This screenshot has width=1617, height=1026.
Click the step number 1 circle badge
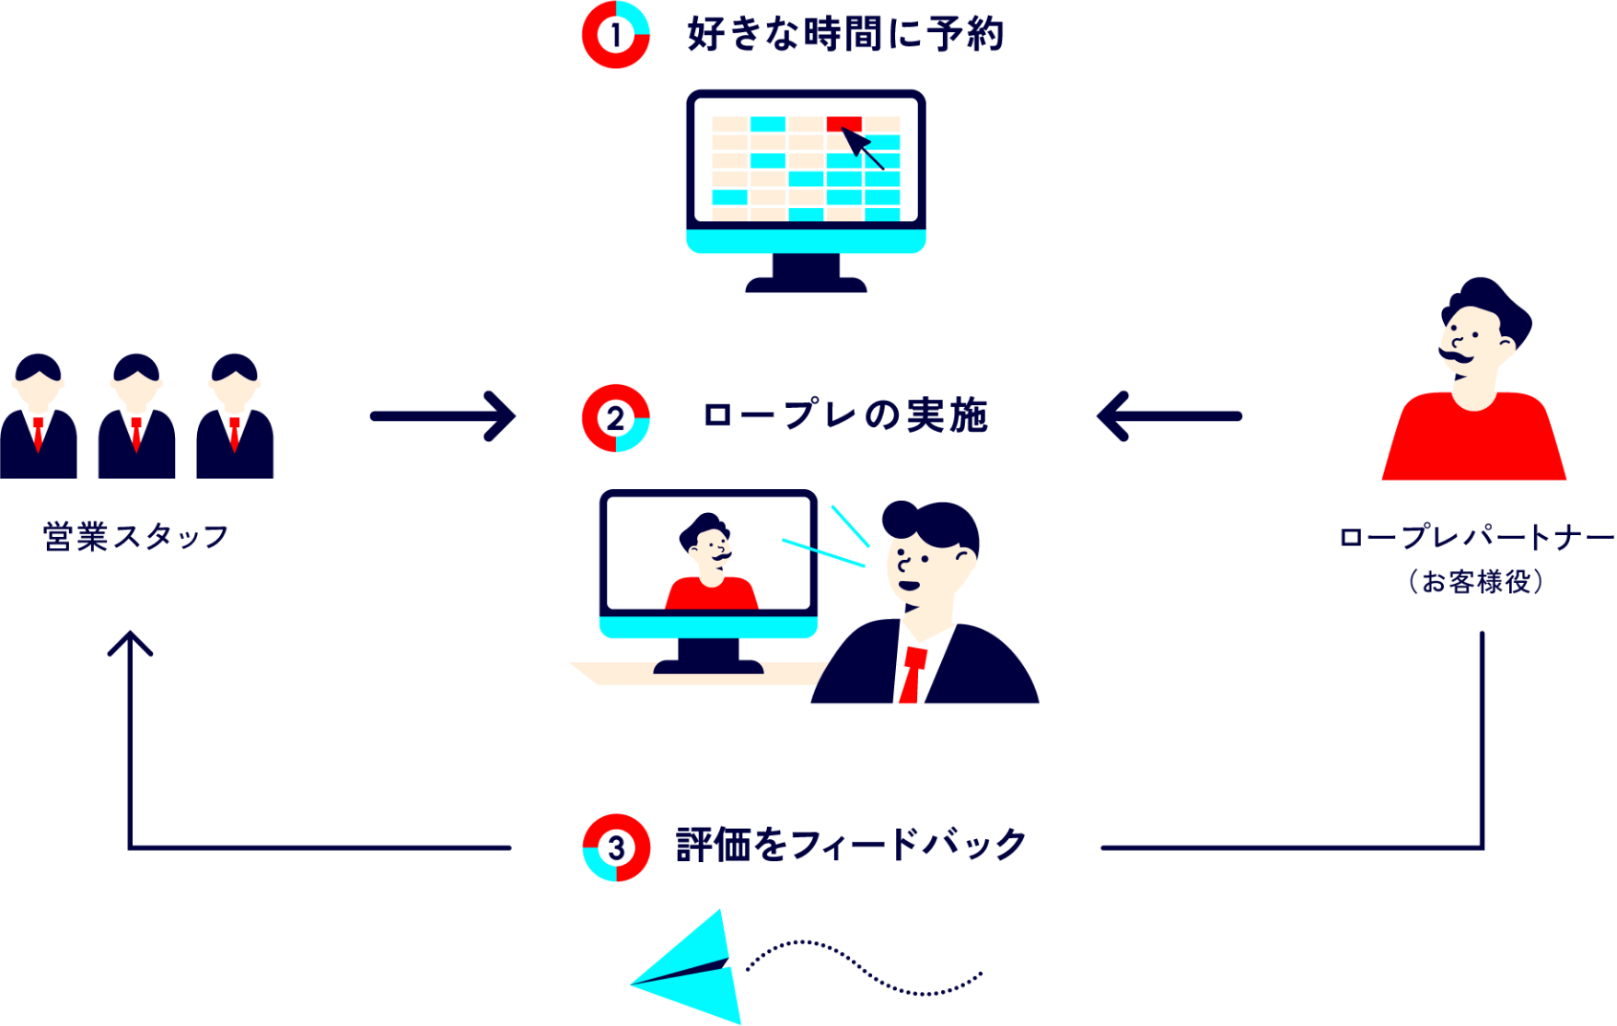[615, 35]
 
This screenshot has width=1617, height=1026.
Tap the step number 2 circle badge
[615, 418]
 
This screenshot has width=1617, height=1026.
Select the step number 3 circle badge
[616, 847]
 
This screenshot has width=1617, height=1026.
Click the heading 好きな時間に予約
[845, 35]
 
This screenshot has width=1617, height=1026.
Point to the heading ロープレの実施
[845, 416]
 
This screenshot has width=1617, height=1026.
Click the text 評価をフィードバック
[851, 845]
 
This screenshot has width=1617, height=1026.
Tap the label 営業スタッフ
[136, 537]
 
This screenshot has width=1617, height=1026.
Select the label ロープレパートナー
[1475, 537]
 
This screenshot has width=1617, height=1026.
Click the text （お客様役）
[1475, 582]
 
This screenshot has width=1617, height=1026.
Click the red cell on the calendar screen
[843, 123]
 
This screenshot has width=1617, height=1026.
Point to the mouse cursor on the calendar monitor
[862, 147]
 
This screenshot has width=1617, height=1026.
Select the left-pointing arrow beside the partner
[1169, 416]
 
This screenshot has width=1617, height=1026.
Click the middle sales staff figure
[136, 419]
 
